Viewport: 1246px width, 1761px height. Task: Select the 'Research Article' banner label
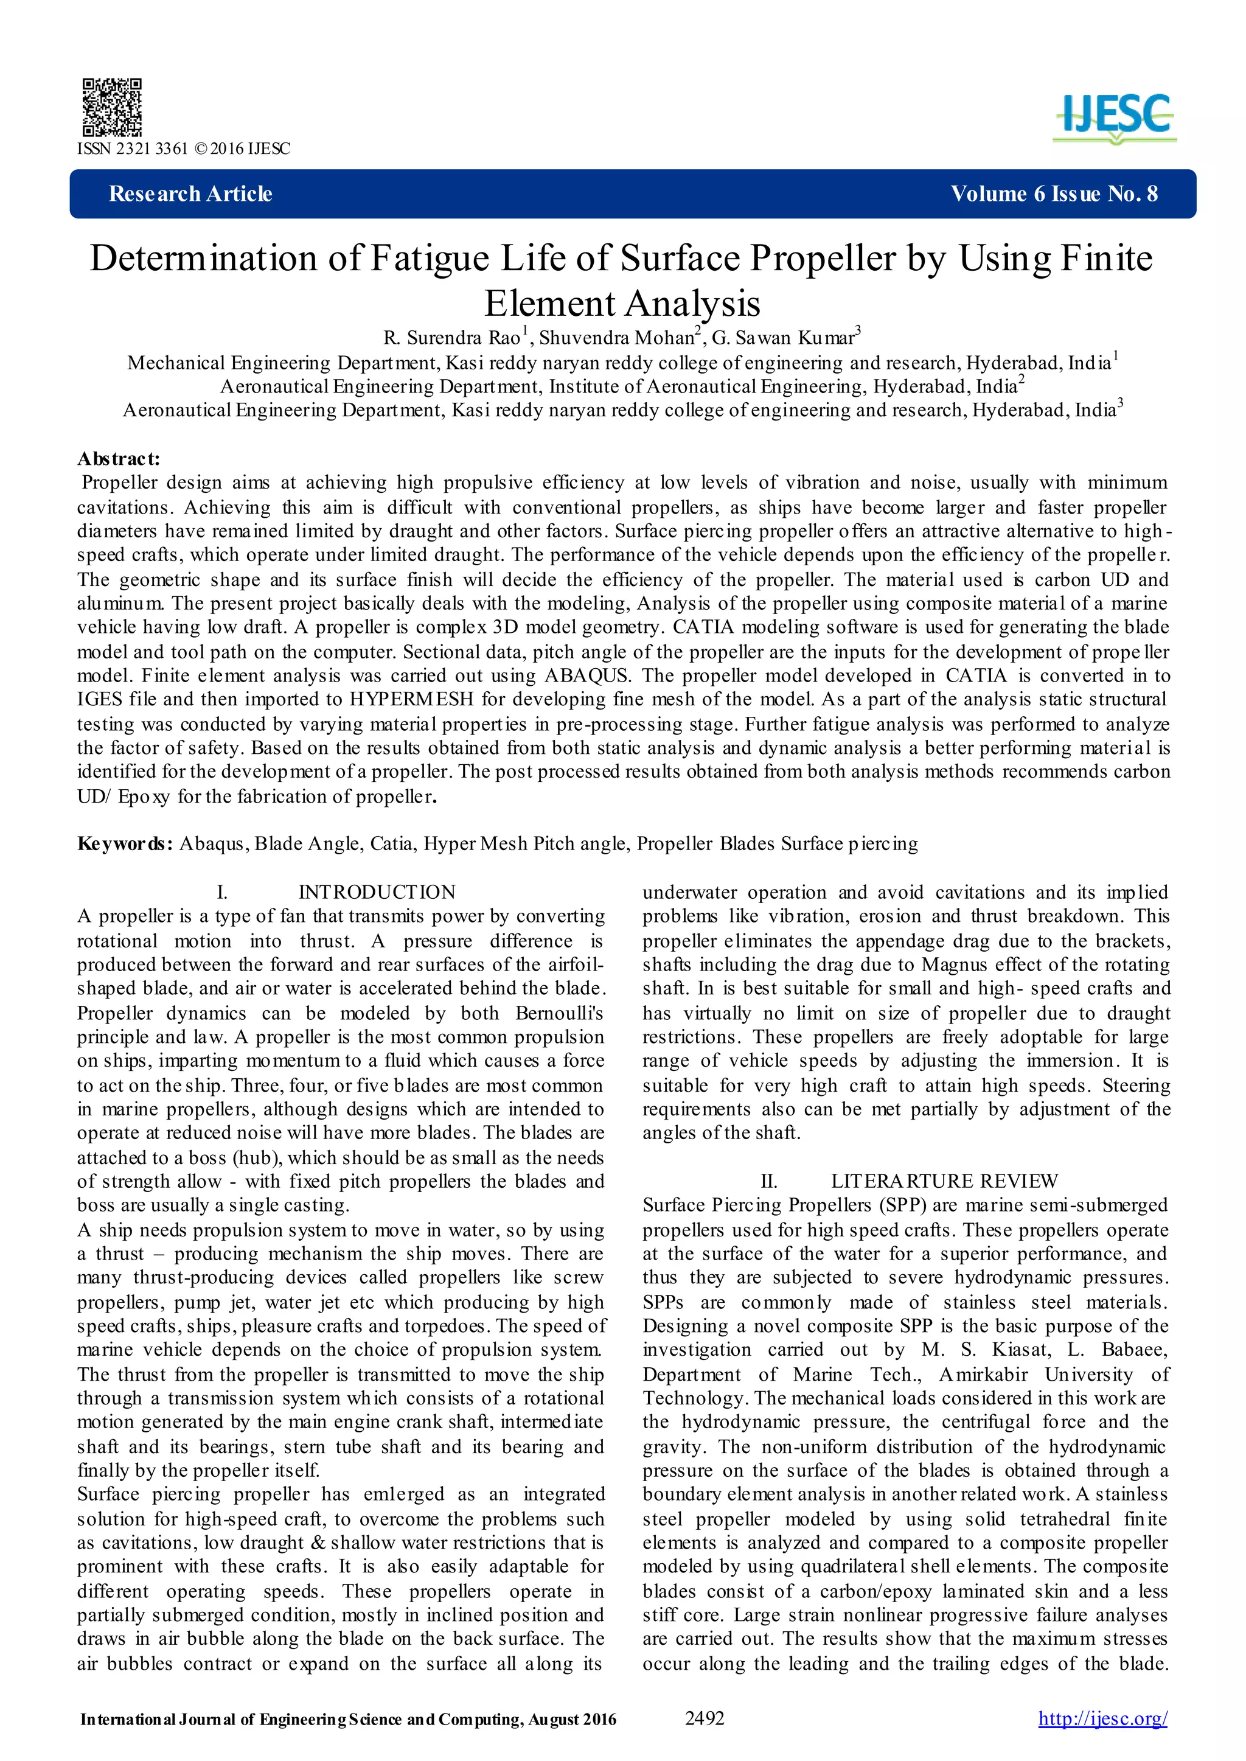tap(190, 194)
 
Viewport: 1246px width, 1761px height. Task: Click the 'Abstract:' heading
tap(119, 459)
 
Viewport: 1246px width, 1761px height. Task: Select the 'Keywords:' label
tap(125, 844)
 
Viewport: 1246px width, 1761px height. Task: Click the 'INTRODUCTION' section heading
tap(377, 893)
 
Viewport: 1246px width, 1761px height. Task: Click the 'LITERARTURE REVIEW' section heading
tap(944, 1181)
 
